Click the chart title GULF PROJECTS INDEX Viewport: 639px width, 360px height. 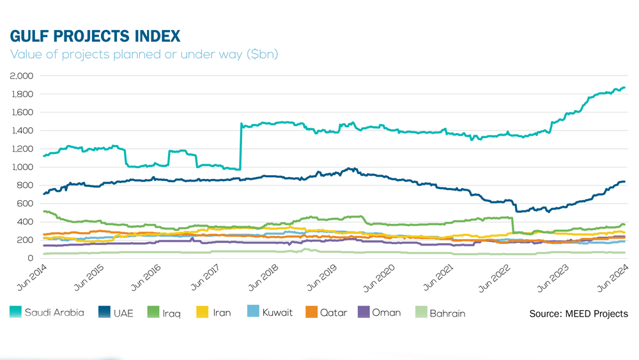[95, 36]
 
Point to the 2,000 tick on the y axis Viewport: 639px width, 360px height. [22, 75]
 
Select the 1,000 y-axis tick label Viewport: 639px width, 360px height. [22, 167]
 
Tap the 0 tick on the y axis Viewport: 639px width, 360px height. [29, 258]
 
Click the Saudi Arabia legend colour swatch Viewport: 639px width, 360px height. [16, 313]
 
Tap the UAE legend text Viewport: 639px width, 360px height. [123, 313]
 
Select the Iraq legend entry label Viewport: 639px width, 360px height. [172, 313]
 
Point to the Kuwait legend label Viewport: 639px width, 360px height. [278, 313]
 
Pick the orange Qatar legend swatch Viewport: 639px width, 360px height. [311, 313]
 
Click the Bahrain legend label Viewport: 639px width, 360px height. [447, 313]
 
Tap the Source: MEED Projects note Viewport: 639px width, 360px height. [578, 313]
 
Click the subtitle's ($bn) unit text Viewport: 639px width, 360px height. [262, 54]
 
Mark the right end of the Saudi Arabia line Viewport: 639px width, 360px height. [624, 88]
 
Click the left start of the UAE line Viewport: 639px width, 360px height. [43, 194]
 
